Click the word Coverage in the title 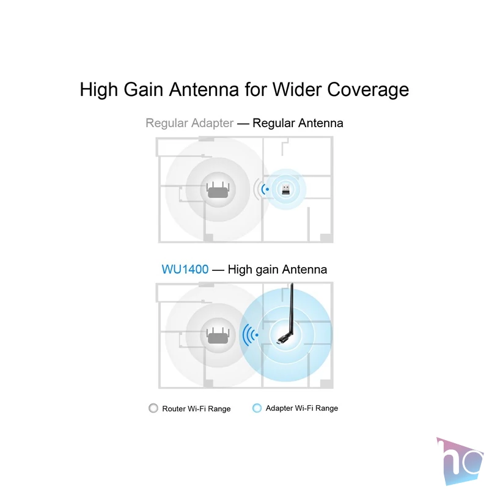pos(368,90)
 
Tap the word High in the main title pos(99,90)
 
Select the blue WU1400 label pos(185,270)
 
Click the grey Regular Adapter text pos(189,123)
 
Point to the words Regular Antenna pos(298,123)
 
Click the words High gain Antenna pos(278,270)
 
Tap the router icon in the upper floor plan pos(218,190)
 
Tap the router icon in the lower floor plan pos(218,336)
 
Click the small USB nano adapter pos(285,189)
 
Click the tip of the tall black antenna pos(292,284)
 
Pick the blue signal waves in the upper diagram pos(265,189)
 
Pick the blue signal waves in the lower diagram pos(251,335)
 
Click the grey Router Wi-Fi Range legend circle pos(153,408)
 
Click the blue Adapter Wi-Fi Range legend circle pos(257,408)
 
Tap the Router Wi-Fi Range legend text pos(196,408)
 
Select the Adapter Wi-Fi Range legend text pos(302,408)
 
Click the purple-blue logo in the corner pos(460,461)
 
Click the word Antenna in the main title pos(204,90)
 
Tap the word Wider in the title pos(297,90)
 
